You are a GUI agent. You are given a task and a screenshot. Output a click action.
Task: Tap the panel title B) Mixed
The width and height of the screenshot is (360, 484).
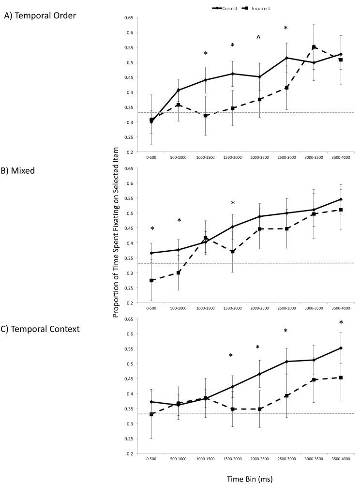coord(23,170)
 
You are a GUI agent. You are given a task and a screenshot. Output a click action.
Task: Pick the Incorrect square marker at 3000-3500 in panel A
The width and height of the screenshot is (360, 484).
coord(314,47)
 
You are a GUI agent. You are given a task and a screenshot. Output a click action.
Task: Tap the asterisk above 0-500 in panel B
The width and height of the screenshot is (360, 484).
coord(152,229)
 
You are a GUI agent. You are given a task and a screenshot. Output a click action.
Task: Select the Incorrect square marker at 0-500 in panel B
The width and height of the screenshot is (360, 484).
coord(152,280)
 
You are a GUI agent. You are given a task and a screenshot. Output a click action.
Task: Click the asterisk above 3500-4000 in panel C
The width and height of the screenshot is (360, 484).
coord(341,323)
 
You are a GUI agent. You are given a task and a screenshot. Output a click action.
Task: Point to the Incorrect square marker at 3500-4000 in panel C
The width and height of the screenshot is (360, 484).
coord(341,378)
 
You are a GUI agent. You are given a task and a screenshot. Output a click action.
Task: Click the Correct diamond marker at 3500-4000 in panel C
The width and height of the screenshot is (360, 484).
coord(341,348)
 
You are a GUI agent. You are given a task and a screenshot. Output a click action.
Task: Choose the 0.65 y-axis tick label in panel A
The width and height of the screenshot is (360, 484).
coord(128,18)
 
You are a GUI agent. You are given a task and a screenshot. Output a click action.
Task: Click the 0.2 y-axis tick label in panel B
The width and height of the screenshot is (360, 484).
coord(130,303)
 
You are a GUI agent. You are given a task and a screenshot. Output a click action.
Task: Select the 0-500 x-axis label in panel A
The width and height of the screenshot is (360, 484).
coord(151,158)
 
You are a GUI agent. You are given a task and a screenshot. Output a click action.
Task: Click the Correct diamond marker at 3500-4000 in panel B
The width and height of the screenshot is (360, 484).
coord(341,199)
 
